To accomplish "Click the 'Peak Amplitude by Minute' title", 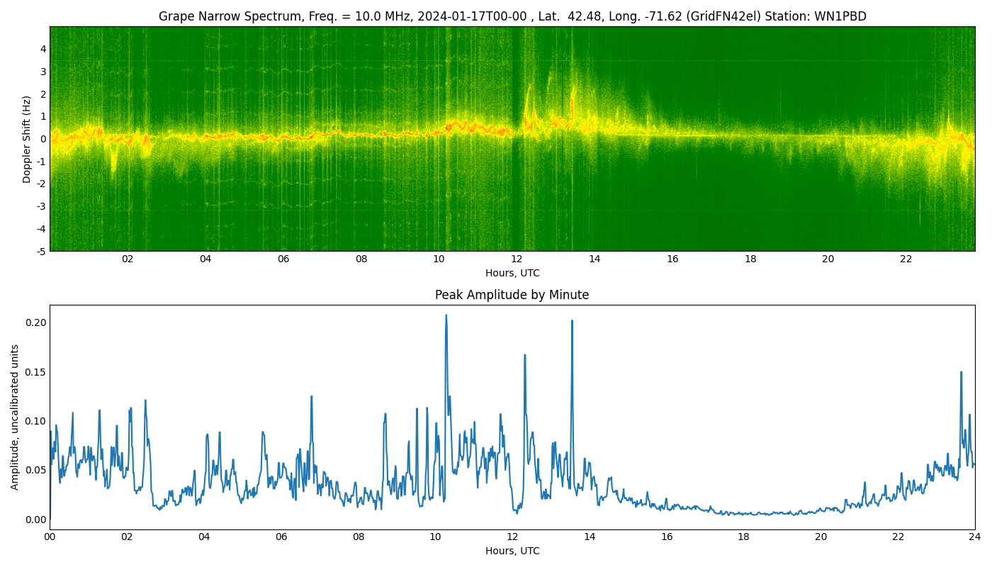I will [512, 295].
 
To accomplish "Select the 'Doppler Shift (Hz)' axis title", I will [27, 139].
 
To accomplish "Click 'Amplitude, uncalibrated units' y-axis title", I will [15, 417].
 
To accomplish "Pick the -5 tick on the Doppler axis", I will [41, 251].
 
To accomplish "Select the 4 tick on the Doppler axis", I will [43, 49].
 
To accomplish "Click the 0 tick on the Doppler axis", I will [43, 139].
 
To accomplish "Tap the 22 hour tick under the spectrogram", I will [906, 259].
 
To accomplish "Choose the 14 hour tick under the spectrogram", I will [594, 259].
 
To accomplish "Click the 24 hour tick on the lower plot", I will [975, 537].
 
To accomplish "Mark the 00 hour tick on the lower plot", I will [50, 537].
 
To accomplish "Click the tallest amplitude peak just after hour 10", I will [446, 315].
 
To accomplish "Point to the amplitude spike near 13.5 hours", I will [572, 321].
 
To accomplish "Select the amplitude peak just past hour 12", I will [524, 355].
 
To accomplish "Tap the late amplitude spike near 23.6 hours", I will [961, 372].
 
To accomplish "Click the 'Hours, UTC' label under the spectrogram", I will [512, 273].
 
